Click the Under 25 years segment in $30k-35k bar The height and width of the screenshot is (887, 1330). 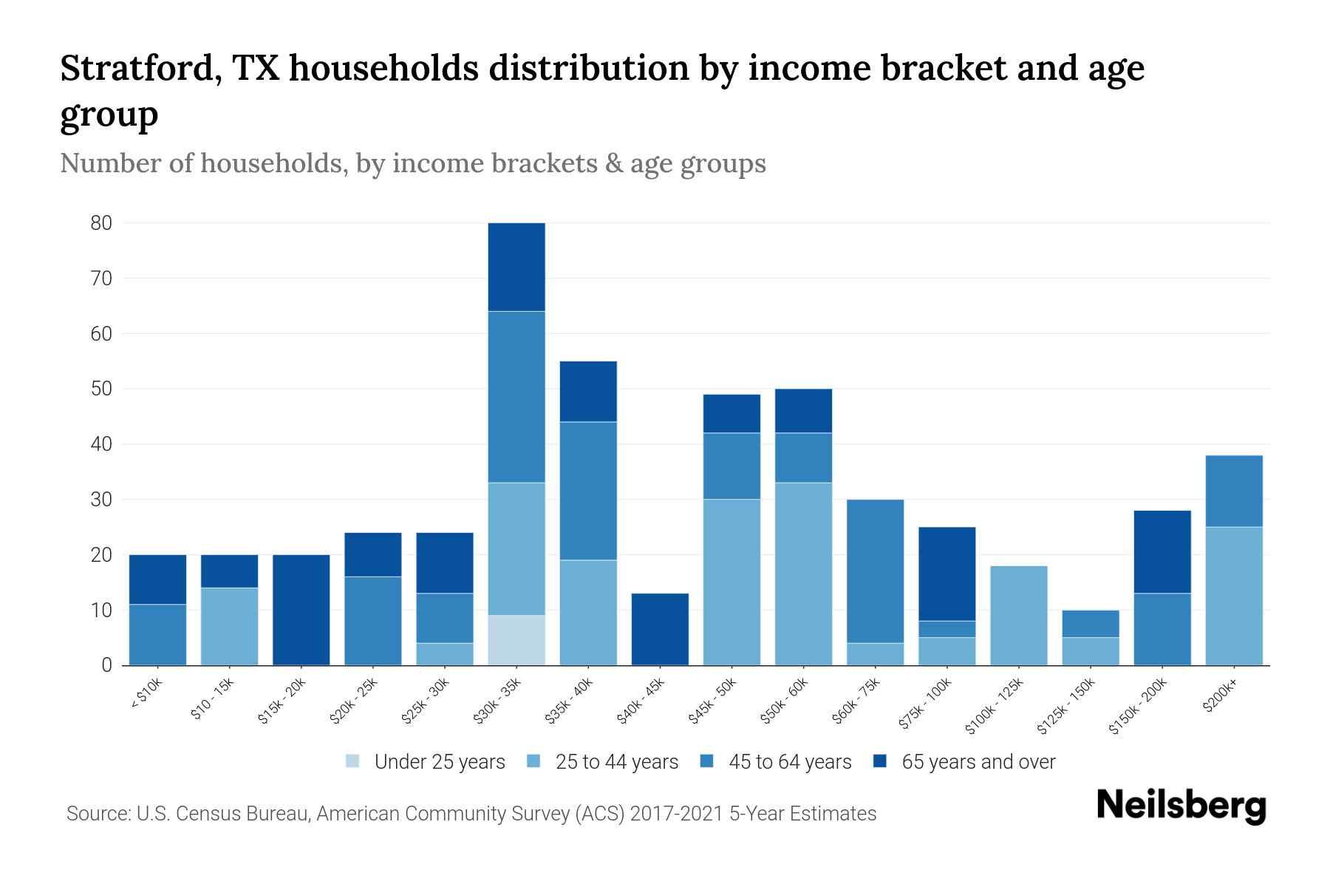(x=516, y=640)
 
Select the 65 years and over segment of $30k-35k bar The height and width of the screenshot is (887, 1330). (x=516, y=267)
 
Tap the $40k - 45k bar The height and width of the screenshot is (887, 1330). (x=660, y=629)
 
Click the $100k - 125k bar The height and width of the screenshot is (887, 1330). (x=1019, y=615)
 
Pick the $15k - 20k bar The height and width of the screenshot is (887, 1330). (x=301, y=610)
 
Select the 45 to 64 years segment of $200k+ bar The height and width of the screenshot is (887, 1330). (x=1234, y=491)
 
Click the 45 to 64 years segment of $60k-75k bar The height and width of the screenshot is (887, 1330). (x=875, y=571)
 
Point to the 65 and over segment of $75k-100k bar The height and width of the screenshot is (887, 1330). (x=947, y=574)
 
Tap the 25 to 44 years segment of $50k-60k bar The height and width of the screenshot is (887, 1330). (x=803, y=574)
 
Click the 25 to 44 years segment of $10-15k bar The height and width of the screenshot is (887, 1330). (x=229, y=626)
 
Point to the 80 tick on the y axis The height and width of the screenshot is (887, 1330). (x=101, y=223)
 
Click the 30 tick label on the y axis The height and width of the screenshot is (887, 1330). (x=101, y=500)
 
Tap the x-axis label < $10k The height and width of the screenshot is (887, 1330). (x=146, y=694)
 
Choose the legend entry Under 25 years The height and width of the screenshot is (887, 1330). (x=426, y=762)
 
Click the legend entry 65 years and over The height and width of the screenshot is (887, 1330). (x=964, y=762)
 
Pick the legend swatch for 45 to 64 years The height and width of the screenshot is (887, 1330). (x=707, y=761)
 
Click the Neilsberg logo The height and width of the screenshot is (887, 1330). (x=1181, y=806)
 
